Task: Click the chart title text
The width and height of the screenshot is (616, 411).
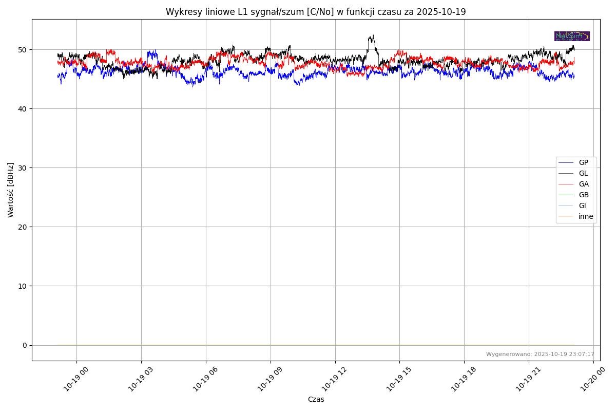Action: [x=316, y=12]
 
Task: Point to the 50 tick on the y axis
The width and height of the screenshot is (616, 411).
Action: [x=23, y=50]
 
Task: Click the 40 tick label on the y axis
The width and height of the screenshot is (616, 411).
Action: [x=23, y=109]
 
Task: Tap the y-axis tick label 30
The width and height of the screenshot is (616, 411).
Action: [x=23, y=168]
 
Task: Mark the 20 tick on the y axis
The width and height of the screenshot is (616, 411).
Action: [x=23, y=227]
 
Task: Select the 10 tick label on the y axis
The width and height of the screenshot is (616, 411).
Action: [x=23, y=286]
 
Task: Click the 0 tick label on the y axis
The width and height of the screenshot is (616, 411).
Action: [x=25, y=345]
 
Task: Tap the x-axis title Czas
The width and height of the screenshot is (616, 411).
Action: [x=316, y=400]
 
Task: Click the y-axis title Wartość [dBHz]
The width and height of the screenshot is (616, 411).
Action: [x=11, y=190]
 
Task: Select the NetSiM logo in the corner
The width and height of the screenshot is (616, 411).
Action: [x=572, y=36]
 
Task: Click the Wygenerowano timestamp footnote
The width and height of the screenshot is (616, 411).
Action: [x=540, y=354]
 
